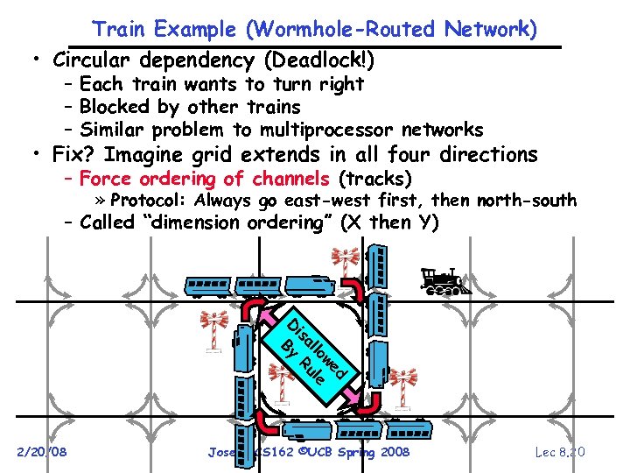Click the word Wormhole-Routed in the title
[x=340, y=29]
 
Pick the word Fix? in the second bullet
[x=78, y=155]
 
